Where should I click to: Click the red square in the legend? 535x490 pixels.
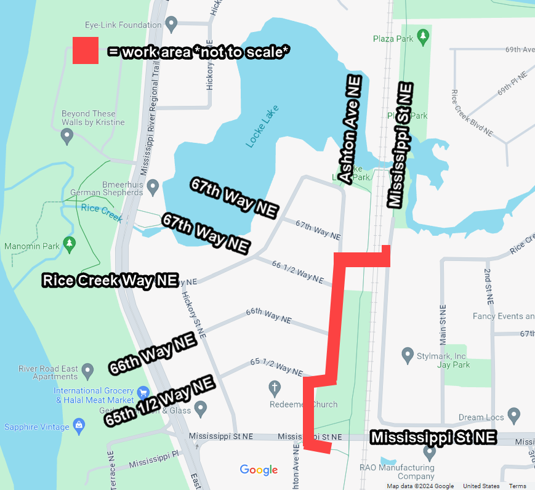coord(86,50)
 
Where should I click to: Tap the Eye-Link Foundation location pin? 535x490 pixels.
coord(172,25)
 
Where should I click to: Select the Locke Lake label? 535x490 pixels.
coord(262,126)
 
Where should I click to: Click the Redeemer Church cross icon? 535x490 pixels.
coord(275,388)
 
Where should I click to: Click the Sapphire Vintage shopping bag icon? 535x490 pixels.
coord(79,425)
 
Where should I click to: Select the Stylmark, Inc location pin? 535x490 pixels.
coord(407,355)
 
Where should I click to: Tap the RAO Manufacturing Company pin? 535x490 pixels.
coord(430,452)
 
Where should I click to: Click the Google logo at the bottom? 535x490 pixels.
coord(259,470)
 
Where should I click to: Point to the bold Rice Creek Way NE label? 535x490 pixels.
coord(110,281)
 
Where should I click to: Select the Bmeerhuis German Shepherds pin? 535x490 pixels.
coord(153,185)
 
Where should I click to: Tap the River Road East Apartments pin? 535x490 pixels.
coord(87,371)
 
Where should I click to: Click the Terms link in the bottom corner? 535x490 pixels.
coord(517,486)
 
